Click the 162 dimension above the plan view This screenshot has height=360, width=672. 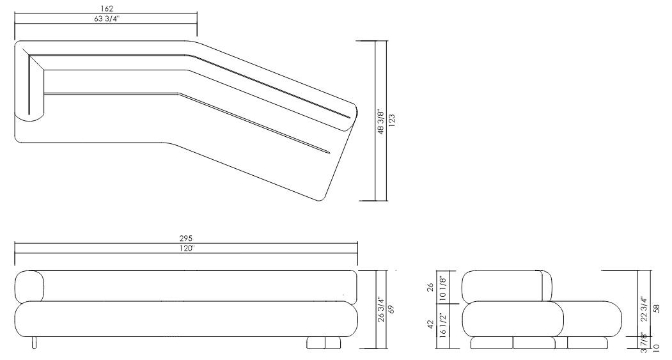click(107, 9)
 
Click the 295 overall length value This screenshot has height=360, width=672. click(186, 239)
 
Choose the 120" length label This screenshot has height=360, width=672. click(186, 247)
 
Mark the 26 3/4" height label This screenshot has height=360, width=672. click(380, 309)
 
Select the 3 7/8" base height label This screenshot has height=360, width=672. click(645, 343)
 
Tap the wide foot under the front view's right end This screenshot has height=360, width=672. click(325, 343)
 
